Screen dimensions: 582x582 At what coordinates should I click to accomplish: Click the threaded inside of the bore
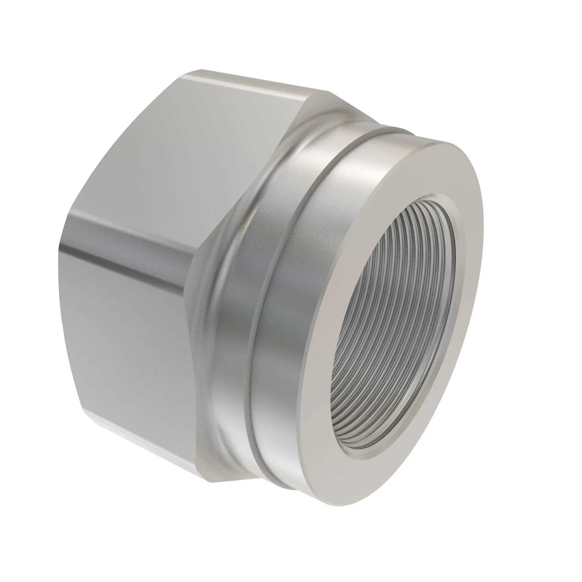pyautogui.click(x=392, y=325)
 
